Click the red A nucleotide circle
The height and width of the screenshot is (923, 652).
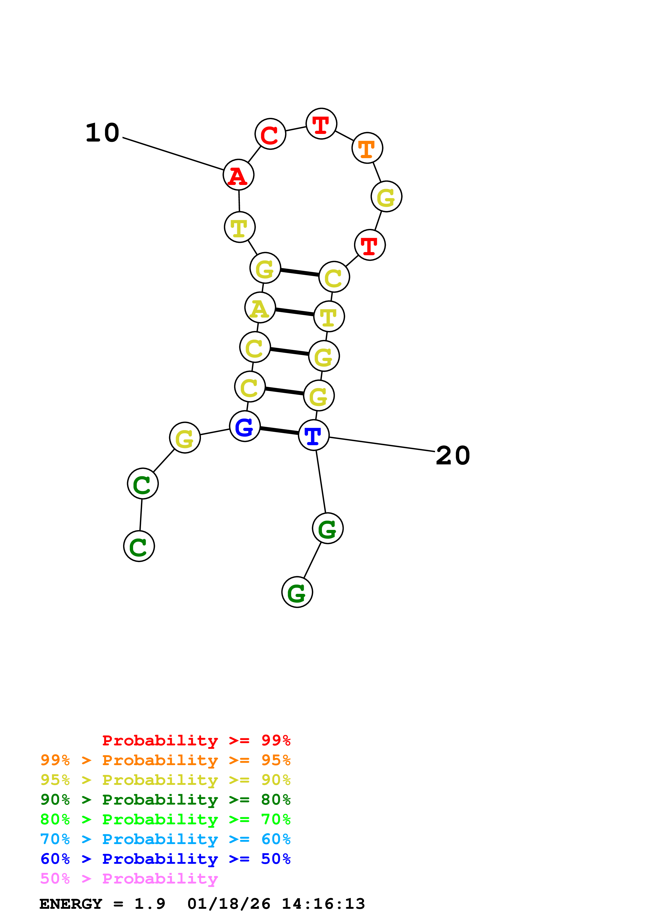(239, 175)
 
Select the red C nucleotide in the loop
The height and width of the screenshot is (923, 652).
(270, 134)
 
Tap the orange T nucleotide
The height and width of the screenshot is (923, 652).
(367, 148)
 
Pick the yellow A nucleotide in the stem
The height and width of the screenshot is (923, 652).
(260, 308)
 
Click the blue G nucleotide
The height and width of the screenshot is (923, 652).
(245, 426)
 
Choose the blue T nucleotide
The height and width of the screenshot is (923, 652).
(314, 435)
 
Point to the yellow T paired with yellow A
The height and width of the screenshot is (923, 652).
(329, 316)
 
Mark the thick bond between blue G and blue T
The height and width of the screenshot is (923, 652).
(279, 430)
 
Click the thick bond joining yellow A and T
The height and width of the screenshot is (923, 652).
(295, 312)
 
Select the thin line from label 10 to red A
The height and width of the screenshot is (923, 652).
(173, 154)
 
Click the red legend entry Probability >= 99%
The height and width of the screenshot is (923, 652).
(196, 740)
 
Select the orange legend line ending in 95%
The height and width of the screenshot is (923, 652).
(165, 760)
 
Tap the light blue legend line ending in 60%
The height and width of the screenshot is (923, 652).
(165, 839)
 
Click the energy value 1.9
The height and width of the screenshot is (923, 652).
(149, 904)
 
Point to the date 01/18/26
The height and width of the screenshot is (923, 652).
(229, 904)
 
